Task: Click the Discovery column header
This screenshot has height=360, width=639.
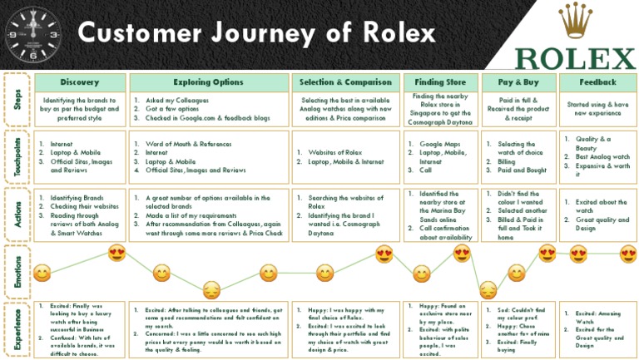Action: (80, 82)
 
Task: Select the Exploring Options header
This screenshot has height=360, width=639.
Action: (208, 82)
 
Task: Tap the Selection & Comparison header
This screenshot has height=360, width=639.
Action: (344, 82)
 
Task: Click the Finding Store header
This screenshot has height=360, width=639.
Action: (439, 82)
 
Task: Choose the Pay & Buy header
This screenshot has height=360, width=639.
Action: (518, 82)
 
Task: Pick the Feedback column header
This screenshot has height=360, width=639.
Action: (598, 82)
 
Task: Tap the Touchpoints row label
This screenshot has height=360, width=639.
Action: (17, 155)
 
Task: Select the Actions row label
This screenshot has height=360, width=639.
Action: (17, 214)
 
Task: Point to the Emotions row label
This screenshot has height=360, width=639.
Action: (17, 271)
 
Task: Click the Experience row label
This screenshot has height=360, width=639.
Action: (17, 328)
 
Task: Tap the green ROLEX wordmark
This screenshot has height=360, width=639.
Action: (574, 57)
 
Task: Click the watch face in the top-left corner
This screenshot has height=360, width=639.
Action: (32, 33)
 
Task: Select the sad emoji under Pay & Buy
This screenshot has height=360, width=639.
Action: (488, 289)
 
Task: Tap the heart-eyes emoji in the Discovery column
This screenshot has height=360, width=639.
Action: (116, 253)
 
